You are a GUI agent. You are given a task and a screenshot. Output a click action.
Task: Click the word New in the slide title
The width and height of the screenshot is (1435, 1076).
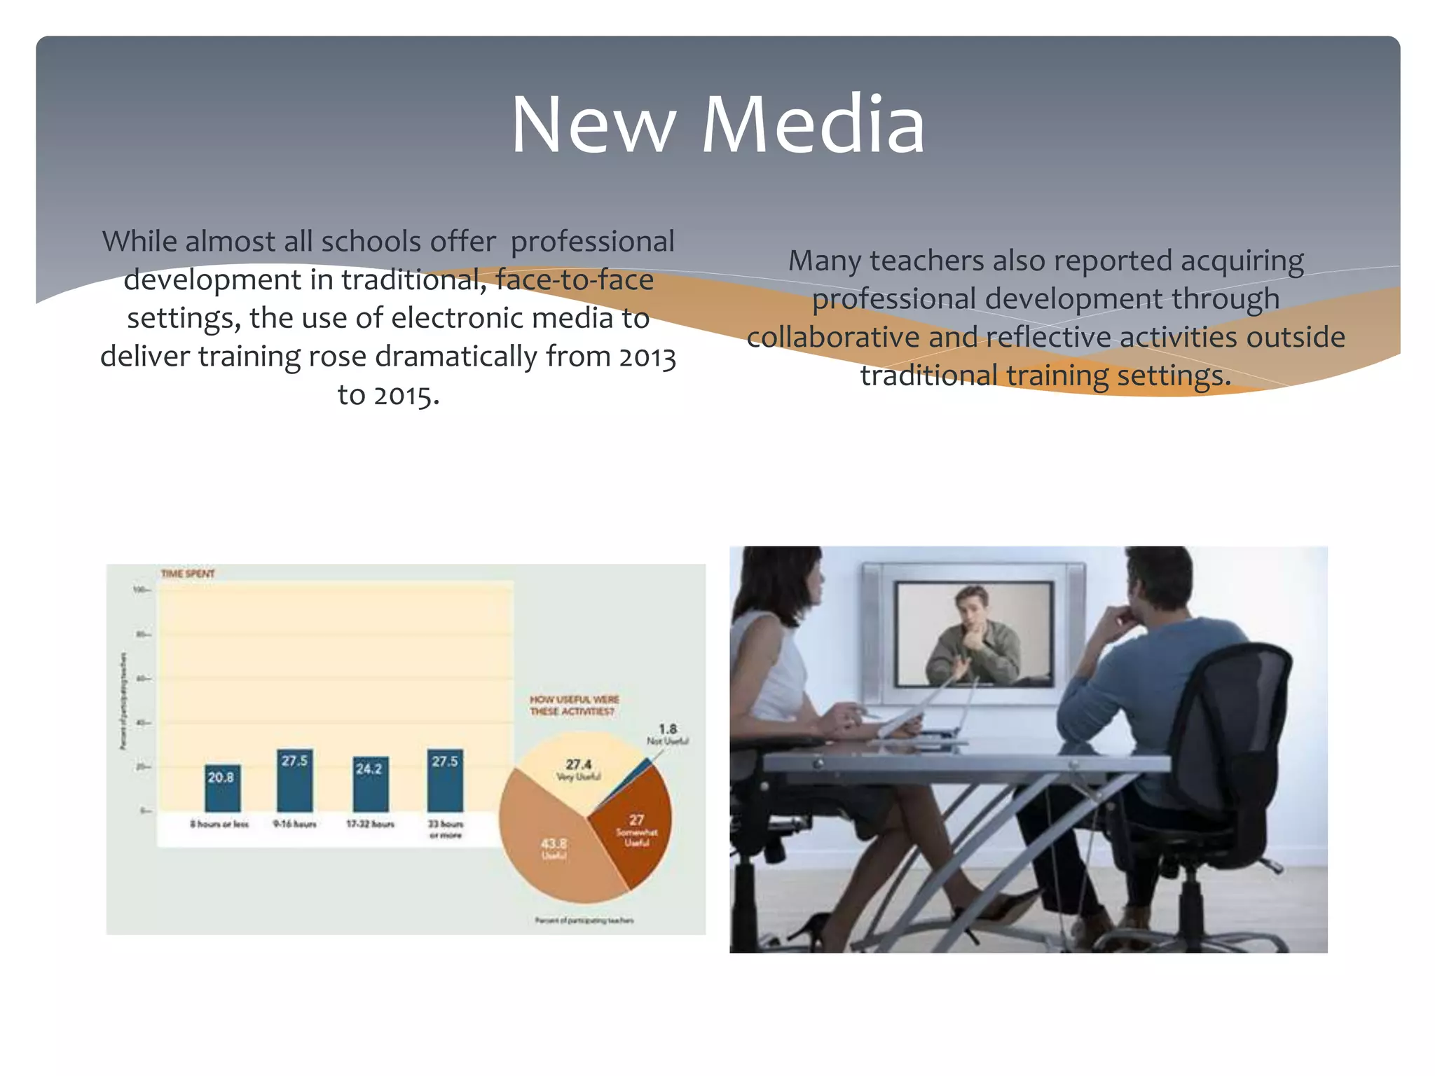coord(593,126)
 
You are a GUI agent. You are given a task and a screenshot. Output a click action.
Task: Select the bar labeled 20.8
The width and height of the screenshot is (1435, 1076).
coord(222,788)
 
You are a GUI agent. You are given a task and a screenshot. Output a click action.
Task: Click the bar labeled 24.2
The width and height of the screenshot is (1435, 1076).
coord(370,785)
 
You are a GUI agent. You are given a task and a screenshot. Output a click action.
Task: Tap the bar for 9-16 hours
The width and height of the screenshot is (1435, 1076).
coord(295,780)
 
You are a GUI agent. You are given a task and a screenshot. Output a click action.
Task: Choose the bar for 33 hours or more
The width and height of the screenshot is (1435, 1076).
coord(445,780)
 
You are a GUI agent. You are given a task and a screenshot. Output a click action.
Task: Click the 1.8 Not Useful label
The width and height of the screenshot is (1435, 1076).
coord(667,733)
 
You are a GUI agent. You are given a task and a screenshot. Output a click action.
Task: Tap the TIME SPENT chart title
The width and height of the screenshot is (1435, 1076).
coord(188,574)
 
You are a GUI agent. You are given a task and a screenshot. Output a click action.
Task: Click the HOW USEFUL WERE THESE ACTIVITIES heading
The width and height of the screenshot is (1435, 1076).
coord(574,705)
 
